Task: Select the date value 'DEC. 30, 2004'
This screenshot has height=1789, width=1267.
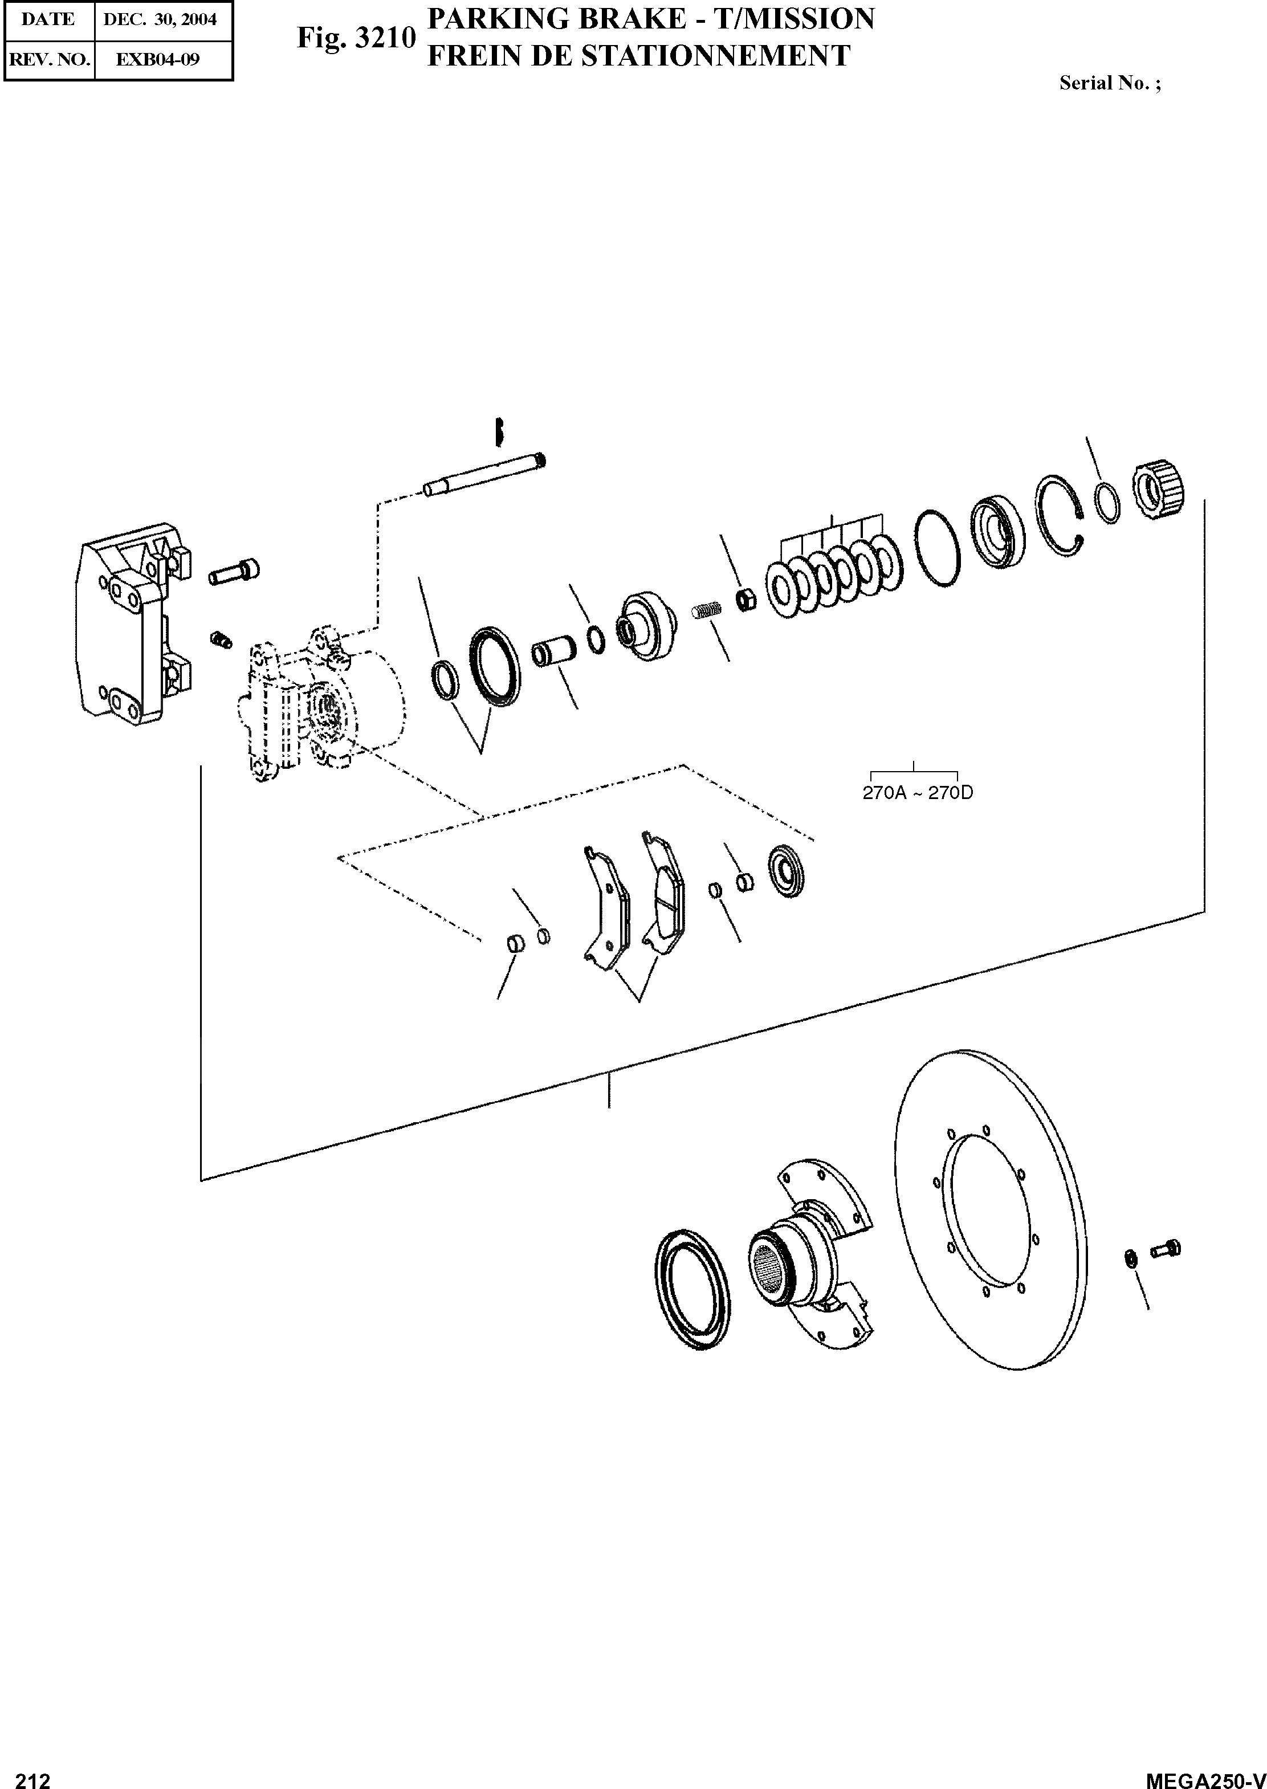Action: (160, 19)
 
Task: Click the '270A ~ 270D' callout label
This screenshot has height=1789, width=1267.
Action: (918, 793)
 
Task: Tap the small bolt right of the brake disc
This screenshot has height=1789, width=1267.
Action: (1166, 1249)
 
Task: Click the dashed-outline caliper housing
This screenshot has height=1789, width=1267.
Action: (320, 702)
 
